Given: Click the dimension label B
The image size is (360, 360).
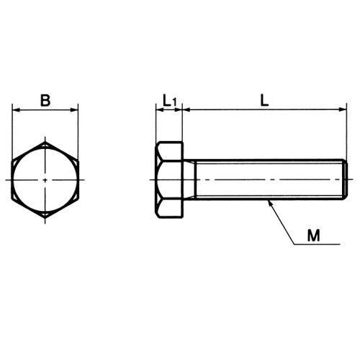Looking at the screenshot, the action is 45,101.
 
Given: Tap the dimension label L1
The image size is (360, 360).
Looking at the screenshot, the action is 170,101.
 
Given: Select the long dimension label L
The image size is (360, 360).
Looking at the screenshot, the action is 264,100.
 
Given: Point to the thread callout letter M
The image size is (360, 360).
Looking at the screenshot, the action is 314,235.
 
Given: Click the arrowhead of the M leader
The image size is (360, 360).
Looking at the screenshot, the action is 269,203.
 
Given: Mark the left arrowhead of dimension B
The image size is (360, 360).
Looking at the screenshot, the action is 16,110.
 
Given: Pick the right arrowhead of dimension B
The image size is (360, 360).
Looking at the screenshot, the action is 74,110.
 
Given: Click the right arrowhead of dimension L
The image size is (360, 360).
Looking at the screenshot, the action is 343,109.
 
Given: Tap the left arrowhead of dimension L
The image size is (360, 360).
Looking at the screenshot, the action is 186,109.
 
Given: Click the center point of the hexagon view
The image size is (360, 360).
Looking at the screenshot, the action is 45,179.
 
